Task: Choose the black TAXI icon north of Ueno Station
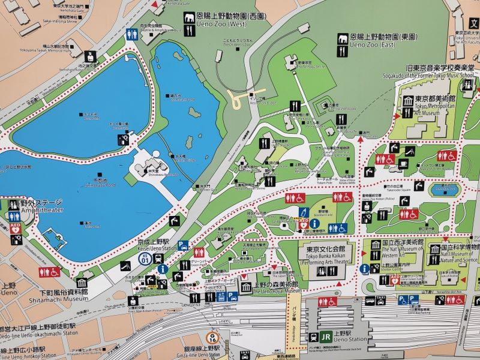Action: point(380,298)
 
